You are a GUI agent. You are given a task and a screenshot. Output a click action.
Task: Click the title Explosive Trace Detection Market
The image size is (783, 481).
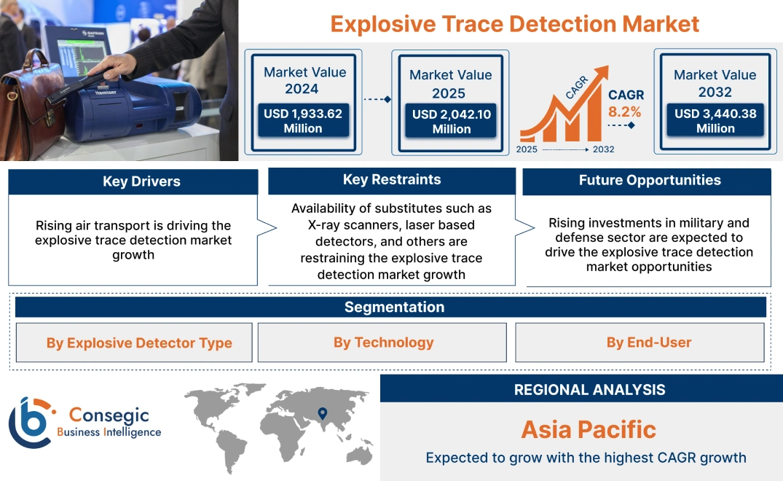pos(514,23)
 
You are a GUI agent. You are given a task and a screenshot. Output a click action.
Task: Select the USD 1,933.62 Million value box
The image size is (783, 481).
pos(303,120)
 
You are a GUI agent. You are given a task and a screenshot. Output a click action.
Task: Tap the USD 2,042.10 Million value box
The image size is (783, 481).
pos(451,121)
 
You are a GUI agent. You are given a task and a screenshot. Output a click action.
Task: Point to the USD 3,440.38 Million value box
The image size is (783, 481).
pos(715,120)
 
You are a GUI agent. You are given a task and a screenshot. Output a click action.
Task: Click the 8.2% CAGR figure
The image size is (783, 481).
pos(624,112)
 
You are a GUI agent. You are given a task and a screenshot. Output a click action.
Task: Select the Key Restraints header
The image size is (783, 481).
pos(392,180)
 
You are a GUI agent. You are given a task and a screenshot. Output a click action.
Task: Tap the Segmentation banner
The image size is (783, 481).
pos(394,307)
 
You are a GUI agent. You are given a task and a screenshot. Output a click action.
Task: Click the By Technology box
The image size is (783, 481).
pos(383,343)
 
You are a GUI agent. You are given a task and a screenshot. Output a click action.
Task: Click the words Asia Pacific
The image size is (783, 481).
pos(589,429)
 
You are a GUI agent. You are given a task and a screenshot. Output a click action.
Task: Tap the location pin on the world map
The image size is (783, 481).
pos(320,414)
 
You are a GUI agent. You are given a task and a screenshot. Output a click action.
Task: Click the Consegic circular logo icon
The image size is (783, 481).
pos(30,423)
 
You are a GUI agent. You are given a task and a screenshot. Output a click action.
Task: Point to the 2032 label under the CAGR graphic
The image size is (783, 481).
pos(603,149)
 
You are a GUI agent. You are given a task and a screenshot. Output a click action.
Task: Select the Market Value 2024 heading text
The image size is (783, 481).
pos(304,80)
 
